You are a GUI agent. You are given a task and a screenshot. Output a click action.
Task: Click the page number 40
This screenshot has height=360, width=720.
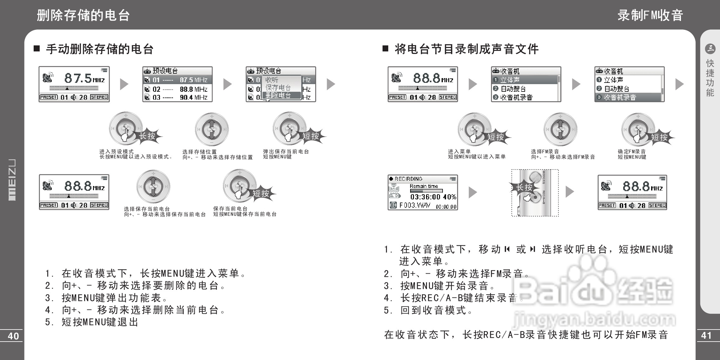13,336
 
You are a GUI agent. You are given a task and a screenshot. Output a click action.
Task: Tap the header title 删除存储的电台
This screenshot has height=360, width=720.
83,15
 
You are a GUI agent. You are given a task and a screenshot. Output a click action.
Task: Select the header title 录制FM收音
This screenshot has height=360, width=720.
650,15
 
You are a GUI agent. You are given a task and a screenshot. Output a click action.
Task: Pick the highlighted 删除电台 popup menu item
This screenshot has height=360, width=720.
278,95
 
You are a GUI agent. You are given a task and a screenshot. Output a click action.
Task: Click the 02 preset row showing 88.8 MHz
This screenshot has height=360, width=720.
177,89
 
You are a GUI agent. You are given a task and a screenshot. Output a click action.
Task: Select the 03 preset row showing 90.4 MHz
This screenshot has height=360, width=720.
177,97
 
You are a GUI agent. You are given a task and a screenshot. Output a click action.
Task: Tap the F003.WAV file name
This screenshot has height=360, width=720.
415,205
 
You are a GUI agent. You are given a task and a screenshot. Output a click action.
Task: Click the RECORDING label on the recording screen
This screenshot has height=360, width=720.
408,179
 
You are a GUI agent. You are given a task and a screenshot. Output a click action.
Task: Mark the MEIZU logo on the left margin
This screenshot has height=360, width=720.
12,180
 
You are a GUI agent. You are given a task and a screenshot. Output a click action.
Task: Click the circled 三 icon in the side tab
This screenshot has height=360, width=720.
710,49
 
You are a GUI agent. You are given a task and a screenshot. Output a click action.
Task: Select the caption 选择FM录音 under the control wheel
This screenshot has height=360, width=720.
545,152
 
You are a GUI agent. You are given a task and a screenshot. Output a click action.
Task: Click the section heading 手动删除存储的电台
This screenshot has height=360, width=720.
100,49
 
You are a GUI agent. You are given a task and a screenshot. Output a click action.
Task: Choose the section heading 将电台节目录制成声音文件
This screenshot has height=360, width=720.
466,49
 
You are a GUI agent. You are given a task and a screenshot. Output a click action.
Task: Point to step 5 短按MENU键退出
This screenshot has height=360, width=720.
92,322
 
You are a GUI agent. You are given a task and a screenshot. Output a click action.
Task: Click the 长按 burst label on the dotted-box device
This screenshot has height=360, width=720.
524,188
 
